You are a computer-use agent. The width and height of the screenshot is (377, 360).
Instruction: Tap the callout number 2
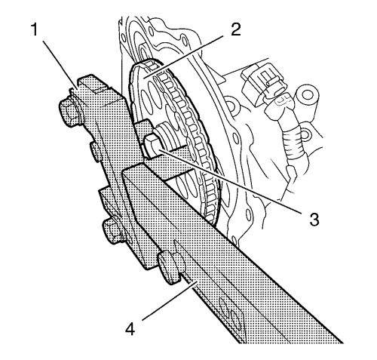pos(235,29)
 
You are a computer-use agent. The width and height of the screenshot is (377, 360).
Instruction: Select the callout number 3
pos(314,219)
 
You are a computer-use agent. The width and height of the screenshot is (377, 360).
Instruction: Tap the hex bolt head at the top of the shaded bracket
pos(69,112)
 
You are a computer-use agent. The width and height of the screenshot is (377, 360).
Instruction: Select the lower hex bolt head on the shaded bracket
pos(112,231)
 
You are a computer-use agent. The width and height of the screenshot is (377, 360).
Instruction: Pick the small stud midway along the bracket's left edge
pos(95,151)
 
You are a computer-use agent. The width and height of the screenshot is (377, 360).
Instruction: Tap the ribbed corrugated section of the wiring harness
pos(293,143)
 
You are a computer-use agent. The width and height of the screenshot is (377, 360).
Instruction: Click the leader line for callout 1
pos(60,64)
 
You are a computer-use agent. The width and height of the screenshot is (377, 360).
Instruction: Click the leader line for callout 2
pos(182,57)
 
